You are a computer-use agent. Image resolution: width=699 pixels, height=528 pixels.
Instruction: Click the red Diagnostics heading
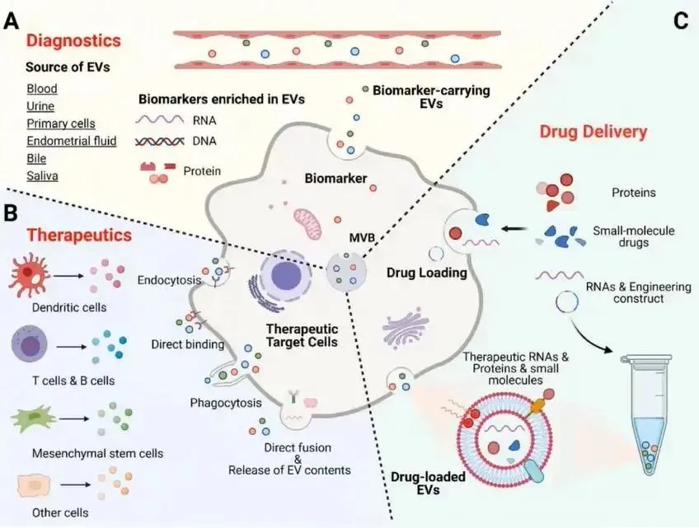(73, 40)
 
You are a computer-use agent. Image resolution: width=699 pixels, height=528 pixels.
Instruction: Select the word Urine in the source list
(40, 106)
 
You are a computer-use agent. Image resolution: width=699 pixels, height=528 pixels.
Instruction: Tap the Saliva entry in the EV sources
(42, 175)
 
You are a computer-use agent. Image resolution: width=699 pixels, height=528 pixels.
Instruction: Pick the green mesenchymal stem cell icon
(32, 418)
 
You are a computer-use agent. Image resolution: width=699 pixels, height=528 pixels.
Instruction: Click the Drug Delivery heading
(593, 131)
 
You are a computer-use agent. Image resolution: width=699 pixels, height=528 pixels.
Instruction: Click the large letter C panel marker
(680, 21)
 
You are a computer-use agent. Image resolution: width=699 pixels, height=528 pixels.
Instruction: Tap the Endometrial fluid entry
(71, 141)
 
